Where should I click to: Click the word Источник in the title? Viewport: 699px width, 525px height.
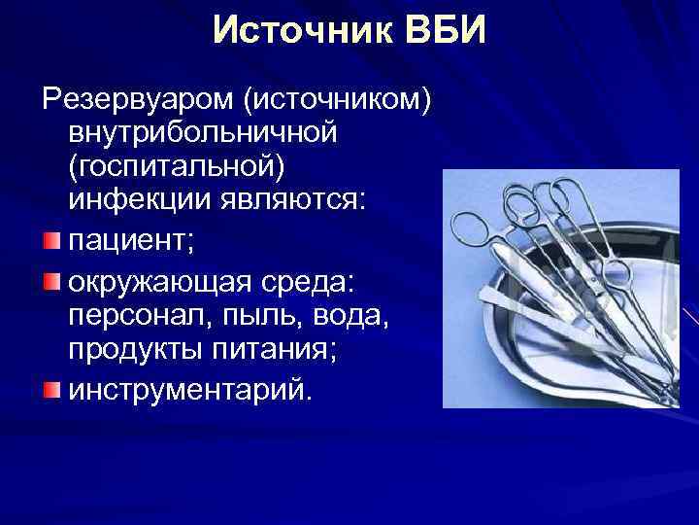click(x=292, y=31)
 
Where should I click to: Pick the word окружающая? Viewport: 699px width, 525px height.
click(x=159, y=283)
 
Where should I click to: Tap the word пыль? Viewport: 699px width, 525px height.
click(x=236, y=316)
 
